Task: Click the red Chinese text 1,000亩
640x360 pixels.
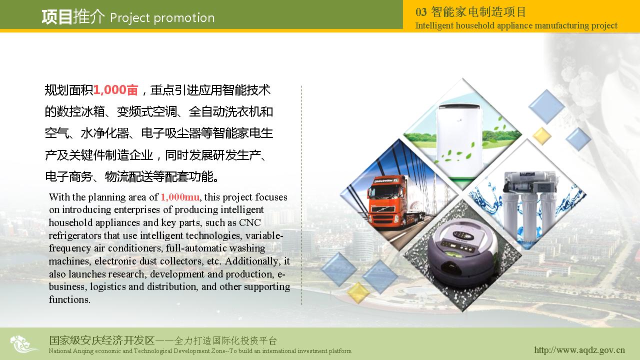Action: [115, 89]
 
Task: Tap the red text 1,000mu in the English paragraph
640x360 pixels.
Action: [180, 197]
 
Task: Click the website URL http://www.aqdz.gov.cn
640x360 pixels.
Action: [579, 350]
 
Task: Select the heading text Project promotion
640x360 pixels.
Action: [162, 18]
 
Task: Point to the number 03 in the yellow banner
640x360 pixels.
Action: [421, 12]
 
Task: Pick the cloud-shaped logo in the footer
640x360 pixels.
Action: [23, 344]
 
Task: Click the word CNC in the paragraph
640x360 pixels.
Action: [250, 222]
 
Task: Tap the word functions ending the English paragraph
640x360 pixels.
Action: [69, 299]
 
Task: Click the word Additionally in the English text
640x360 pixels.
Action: [251, 261]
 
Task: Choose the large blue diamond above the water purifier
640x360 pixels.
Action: [546, 106]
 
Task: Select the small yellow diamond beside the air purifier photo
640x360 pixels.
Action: [541, 136]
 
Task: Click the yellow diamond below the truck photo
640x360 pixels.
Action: [358, 292]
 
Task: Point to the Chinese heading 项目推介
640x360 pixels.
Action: [73, 17]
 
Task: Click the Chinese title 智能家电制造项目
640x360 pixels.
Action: [478, 12]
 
